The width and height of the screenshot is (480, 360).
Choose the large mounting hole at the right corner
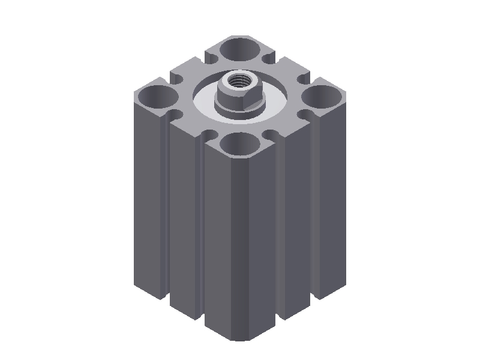323,95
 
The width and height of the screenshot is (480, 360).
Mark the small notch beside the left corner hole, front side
175,114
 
